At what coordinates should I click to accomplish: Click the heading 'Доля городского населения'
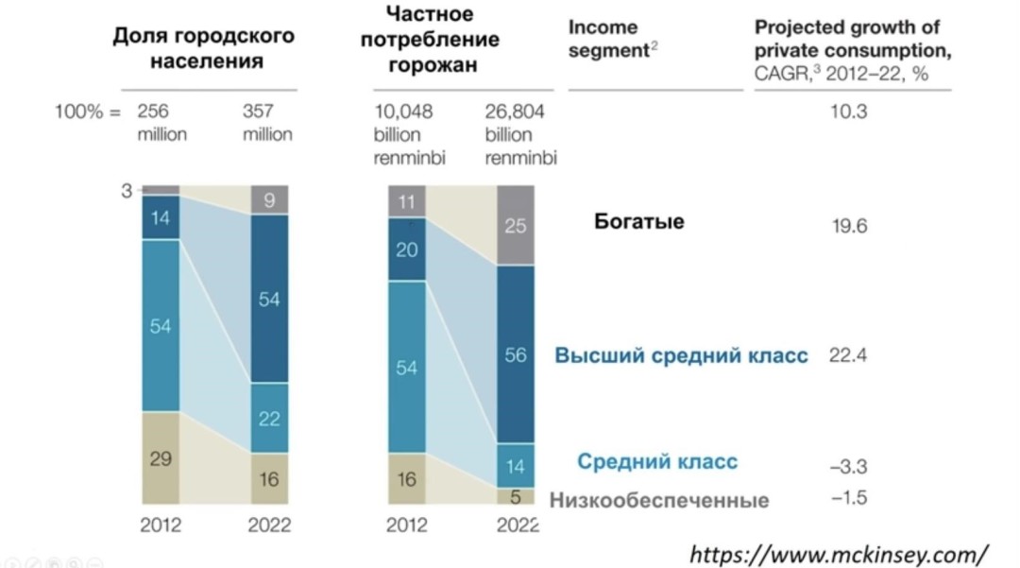[203, 48]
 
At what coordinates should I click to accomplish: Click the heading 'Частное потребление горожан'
[442, 41]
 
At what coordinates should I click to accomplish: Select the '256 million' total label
[162, 122]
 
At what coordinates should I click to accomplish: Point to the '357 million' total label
[267, 122]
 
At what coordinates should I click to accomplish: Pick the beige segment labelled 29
[161, 460]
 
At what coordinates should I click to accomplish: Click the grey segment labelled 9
[269, 199]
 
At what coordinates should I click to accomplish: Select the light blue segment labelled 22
[269, 419]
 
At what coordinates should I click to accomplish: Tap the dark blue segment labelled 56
[515, 354]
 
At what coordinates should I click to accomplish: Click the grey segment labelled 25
[515, 226]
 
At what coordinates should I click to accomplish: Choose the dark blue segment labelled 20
[407, 249]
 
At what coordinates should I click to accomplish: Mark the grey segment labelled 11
[407, 201]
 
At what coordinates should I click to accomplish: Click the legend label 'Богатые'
[639, 222]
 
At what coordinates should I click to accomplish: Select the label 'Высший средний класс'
[681, 356]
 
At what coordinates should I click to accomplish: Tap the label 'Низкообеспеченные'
[658, 501]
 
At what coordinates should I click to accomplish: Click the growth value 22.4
[847, 355]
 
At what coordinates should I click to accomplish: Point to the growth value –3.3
[847, 467]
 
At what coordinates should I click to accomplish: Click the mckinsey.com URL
[839, 553]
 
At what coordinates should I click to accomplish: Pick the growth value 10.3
[847, 112]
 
